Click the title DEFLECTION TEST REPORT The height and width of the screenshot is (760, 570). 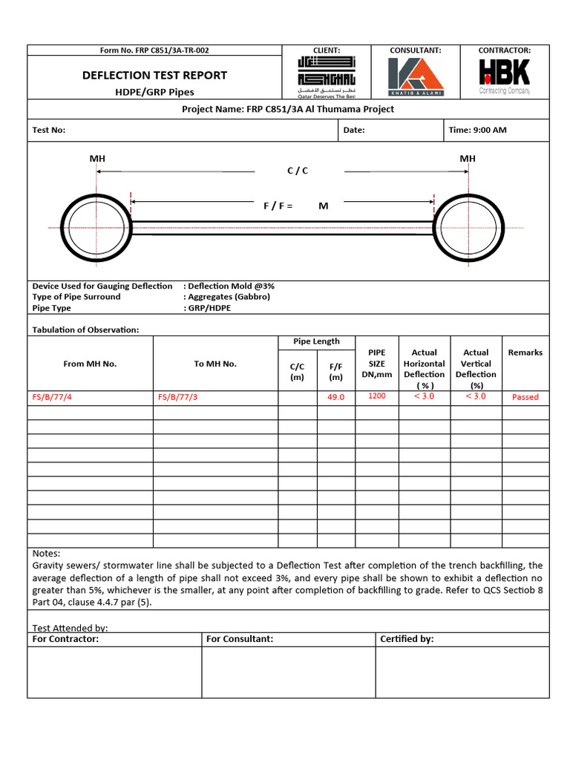(x=154, y=75)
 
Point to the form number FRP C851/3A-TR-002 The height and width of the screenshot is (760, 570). (x=154, y=50)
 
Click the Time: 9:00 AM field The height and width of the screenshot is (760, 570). (x=477, y=130)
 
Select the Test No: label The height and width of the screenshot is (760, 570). (x=49, y=130)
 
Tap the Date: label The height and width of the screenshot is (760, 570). (x=353, y=130)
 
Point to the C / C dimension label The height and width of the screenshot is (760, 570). (x=297, y=171)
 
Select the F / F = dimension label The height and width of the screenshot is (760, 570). (x=278, y=206)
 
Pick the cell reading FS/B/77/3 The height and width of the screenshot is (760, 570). (x=178, y=397)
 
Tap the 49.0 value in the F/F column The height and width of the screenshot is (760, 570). (x=336, y=397)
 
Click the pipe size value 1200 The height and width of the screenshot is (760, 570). (x=377, y=396)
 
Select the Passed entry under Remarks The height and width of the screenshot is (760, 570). (x=525, y=397)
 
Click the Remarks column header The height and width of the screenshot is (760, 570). (x=525, y=353)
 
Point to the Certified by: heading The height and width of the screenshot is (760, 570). (x=407, y=639)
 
